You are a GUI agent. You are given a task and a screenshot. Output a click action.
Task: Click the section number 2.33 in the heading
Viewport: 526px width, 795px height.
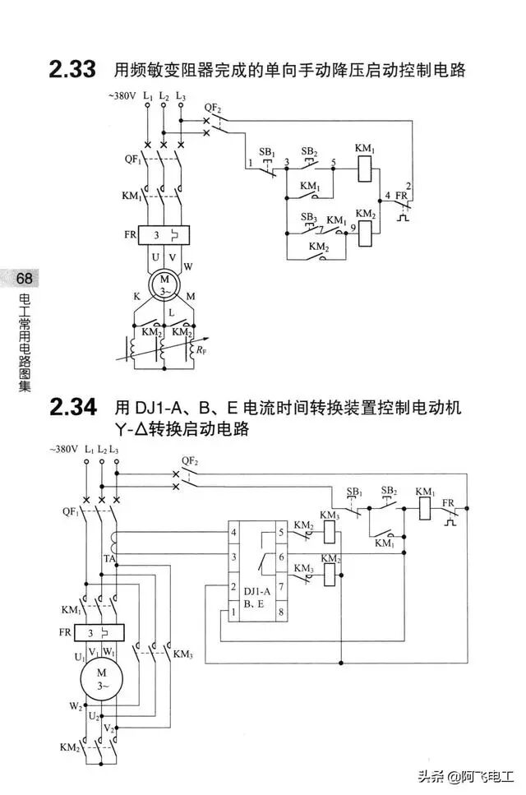point(72,70)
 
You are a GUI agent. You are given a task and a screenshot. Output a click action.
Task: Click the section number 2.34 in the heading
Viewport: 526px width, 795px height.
point(72,408)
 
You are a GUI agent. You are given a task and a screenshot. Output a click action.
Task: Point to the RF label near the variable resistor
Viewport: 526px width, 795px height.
point(200,350)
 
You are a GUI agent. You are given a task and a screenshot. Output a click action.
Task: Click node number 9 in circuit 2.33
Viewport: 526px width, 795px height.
point(353,227)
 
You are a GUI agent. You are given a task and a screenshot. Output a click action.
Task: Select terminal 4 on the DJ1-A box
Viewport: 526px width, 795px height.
point(235,534)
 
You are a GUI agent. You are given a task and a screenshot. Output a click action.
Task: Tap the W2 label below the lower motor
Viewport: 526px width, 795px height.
point(76,706)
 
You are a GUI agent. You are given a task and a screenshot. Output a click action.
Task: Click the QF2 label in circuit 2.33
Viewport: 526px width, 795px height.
point(213,109)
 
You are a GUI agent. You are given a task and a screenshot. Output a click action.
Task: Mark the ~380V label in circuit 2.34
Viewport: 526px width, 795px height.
point(63,450)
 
